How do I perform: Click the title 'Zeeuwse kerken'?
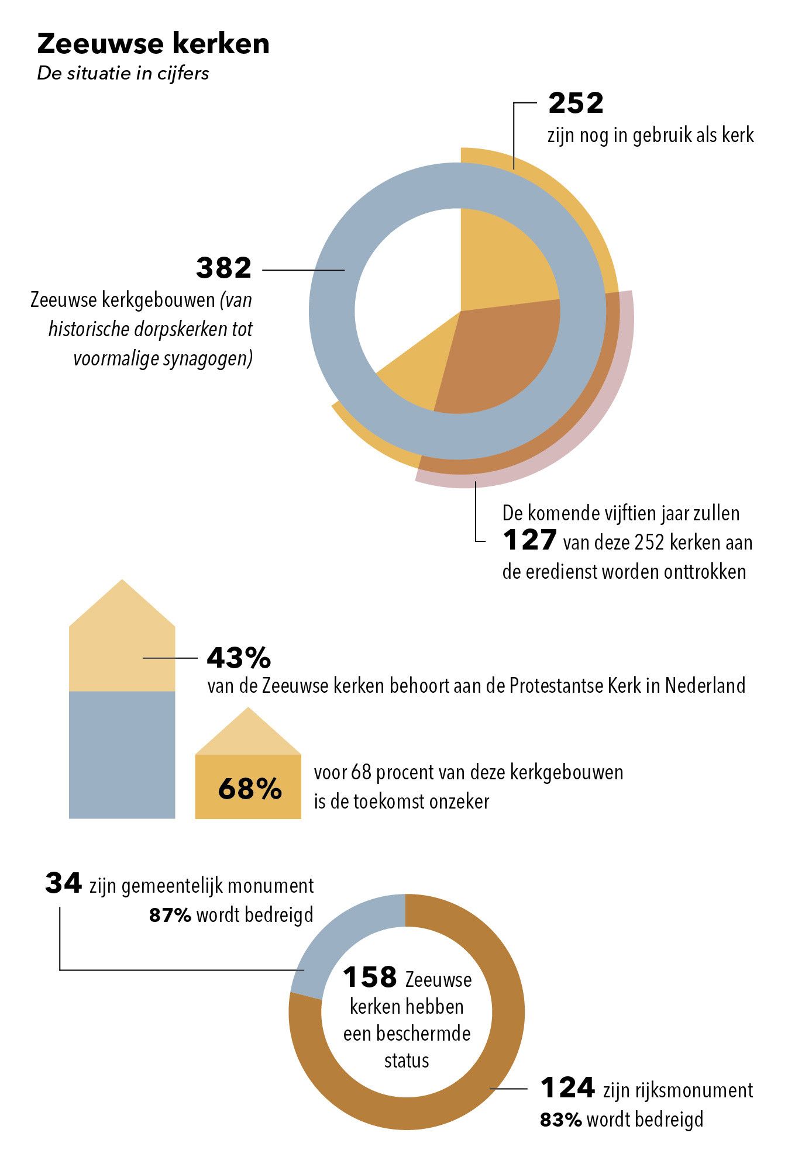pos(153,44)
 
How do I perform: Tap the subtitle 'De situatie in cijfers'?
pos(123,74)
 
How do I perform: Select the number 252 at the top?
pos(576,104)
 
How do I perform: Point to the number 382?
pos(223,268)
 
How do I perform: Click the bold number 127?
pos(529,541)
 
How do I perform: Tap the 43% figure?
pos(239,658)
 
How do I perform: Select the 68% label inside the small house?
pos(250,789)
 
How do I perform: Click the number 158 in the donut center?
pos(370,978)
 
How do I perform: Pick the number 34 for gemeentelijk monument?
pos(63,883)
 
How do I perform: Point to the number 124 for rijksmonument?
pos(567,1088)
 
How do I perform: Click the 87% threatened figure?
pos(170,916)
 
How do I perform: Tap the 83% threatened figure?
pos(560,1120)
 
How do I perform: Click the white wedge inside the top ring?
pos(404,281)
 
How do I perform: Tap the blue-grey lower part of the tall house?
pos(122,754)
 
